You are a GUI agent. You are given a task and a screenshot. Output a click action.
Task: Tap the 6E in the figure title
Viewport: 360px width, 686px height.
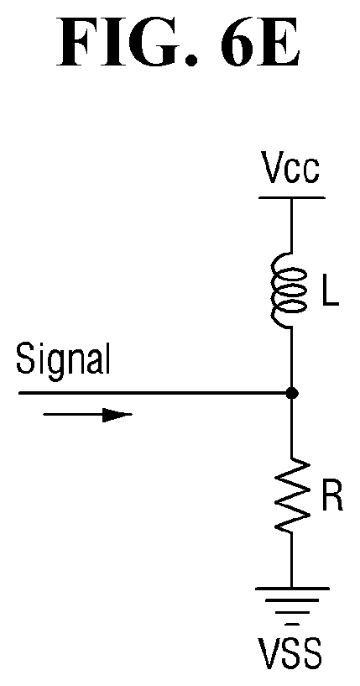[x=260, y=43]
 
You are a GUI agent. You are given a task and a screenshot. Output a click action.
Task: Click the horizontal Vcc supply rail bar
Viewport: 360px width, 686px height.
[x=292, y=198]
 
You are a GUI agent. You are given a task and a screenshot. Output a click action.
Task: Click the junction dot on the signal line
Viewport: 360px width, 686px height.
[x=292, y=393]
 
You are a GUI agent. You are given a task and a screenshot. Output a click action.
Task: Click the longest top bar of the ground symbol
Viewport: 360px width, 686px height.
[x=292, y=589]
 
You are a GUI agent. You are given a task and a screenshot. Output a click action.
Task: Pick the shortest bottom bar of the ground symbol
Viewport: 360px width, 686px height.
[x=293, y=623]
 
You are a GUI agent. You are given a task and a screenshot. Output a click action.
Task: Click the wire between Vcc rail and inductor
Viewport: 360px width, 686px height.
[x=291, y=226]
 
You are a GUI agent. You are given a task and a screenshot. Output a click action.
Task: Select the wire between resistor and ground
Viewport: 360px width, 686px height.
[x=291, y=560]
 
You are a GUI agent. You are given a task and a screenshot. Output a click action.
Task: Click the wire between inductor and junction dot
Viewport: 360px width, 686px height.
[x=291, y=358]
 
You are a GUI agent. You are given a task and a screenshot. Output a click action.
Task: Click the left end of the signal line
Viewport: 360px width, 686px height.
[x=18, y=393]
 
